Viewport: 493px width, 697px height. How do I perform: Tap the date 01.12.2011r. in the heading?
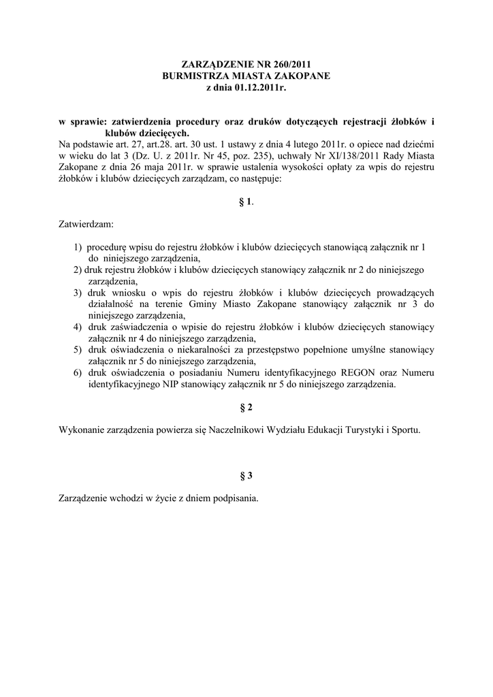tap(261, 88)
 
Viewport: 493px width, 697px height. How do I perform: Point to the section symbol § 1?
tap(245, 202)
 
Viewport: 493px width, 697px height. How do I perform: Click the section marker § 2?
tap(246, 407)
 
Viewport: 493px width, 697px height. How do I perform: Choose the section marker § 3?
tap(246, 475)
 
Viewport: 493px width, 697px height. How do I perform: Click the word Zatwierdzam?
tap(86, 223)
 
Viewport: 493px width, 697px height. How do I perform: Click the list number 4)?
tap(78, 327)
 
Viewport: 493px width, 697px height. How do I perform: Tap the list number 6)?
tap(78, 373)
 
